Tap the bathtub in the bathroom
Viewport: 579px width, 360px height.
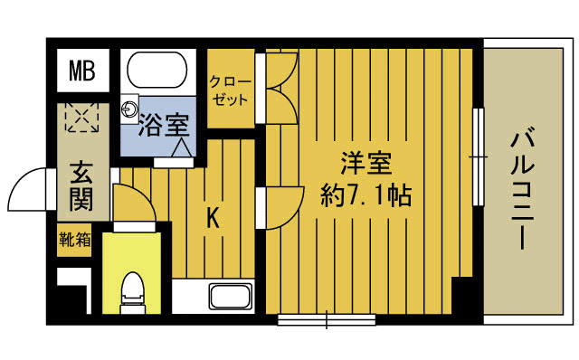(x=157, y=70)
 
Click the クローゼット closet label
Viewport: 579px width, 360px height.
(x=229, y=90)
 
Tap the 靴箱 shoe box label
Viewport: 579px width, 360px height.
(x=75, y=241)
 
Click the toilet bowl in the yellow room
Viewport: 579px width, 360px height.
(x=132, y=290)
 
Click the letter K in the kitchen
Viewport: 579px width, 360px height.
(x=214, y=217)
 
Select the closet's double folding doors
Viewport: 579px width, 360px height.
(x=279, y=88)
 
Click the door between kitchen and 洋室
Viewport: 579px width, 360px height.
(x=280, y=208)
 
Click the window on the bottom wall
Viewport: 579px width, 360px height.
(x=326, y=317)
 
